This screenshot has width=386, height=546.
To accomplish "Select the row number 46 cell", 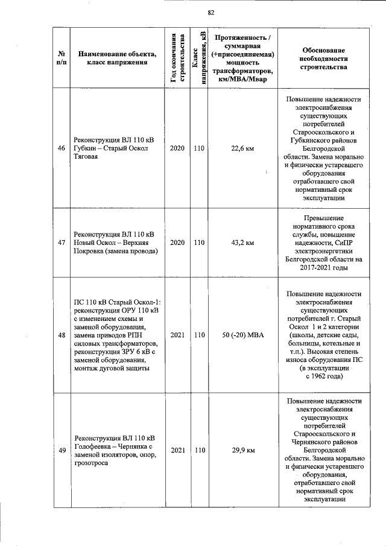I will click(61, 148).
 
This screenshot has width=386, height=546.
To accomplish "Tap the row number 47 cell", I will click(61, 242).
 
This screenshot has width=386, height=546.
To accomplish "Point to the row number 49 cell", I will click(61, 450).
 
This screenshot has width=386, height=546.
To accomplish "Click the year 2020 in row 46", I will click(177, 148).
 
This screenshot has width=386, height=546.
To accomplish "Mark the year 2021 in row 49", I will click(177, 450).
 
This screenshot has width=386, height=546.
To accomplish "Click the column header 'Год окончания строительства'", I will click(177, 58).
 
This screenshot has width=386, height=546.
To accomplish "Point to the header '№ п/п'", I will click(61, 58).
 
